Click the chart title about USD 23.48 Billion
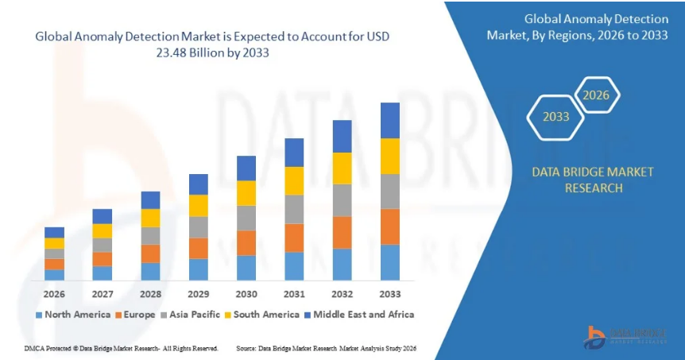click(x=211, y=45)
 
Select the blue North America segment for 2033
click(x=389, y=262)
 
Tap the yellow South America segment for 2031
click(x=294, y=180)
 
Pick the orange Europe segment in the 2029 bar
click(x=198, y=248)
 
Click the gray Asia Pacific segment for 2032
click(x=342, y=200)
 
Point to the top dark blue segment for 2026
click(x=54, y=232)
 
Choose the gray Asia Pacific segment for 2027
click(x=102, y=245)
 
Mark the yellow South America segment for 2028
click(x=150, y=218)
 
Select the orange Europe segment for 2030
click(x=246, y=242)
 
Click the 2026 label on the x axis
click(x=54, y=294)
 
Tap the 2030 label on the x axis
click(x=246, y=294)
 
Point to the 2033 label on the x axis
click(x=389, y=294)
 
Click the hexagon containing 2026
click(x=596, y=95)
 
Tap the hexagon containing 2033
click(x=556, y=117)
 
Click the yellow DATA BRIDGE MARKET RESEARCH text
click(x=593, y=180)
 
